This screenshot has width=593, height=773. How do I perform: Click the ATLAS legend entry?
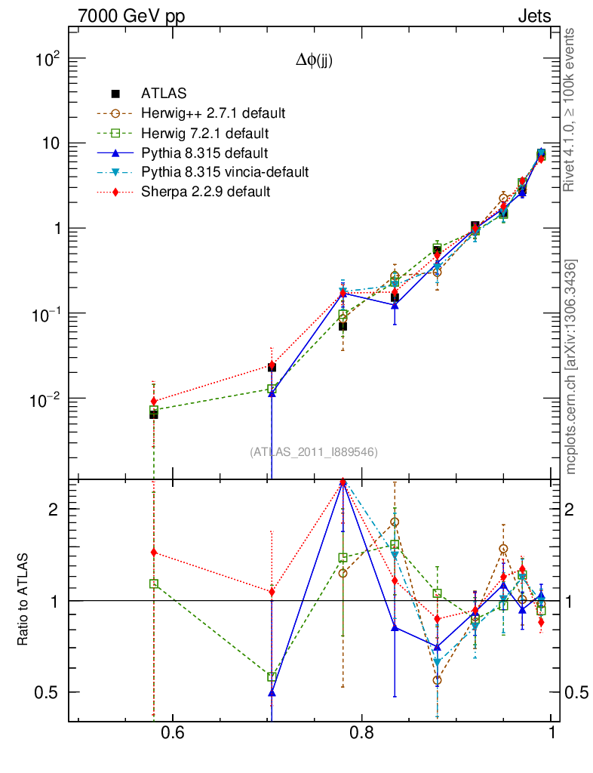(x=163, y=94)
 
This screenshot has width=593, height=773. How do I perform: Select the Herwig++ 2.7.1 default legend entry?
(x=213, y=113)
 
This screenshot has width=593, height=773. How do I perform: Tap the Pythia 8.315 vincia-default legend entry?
(x=225, y=172)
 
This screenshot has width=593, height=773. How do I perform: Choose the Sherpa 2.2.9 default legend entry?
(x=205, y=192)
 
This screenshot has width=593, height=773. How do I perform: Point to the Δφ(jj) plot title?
(x=314, y=62)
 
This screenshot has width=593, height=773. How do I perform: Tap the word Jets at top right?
(x=533, y=16)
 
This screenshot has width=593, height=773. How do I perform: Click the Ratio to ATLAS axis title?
(x=25, y=600)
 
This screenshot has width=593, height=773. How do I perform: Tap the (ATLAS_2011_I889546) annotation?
(x=314, y=451)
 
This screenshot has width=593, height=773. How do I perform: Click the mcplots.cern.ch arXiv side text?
(x=571, y=368)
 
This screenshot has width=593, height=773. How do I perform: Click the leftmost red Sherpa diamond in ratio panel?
(x=154, y=553)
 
